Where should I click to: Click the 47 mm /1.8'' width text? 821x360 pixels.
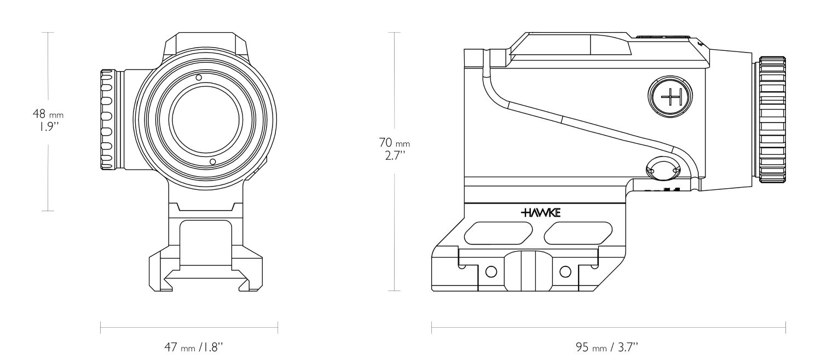(189, 346)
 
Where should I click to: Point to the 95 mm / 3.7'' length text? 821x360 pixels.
(608, 346)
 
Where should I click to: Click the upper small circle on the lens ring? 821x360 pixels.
(199, 78)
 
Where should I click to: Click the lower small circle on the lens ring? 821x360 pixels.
(212, 161)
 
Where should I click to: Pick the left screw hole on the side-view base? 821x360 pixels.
(491, 271)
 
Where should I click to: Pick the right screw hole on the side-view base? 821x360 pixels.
(566, 271)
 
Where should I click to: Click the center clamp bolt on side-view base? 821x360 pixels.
(529, 272)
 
